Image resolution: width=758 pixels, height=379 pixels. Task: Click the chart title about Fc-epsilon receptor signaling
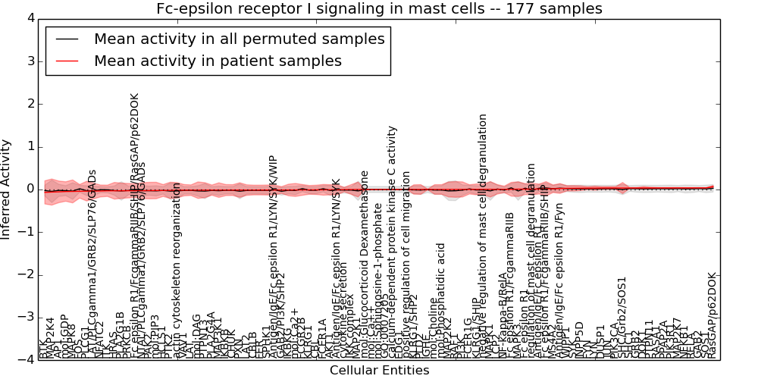tap(379, 9)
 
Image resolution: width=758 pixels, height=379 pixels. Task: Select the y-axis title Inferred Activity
tap(7, 189)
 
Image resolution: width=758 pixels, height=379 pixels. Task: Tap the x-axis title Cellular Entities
tap(379, 371)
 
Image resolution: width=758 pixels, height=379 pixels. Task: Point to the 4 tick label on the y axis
tap(30, 18)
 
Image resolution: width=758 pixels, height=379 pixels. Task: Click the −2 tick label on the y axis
tap(27, 274)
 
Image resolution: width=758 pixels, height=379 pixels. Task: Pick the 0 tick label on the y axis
tap(30, 189)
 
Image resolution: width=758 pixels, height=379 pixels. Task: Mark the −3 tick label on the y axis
tap(27, 317)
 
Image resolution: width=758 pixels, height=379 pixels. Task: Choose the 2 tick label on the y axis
tap(30, 104)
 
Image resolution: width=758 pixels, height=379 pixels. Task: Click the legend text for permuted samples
tap(239, 39)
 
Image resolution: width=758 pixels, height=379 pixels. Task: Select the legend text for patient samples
tap(218, 61)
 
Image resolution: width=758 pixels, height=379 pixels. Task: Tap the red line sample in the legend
tap(66, 61)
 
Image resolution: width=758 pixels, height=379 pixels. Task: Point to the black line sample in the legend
tap(66, 39)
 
